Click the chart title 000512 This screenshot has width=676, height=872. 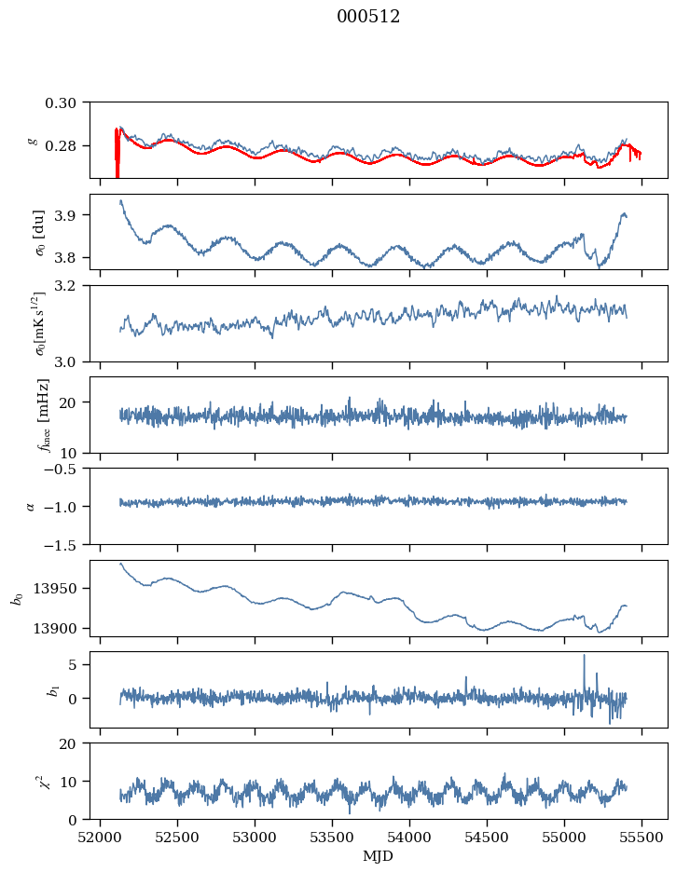click(368, 17)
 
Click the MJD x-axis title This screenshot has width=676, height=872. click(379, 856)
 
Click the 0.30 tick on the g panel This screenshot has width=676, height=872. click(65, 102)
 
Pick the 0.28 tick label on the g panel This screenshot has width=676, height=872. click(65, 146)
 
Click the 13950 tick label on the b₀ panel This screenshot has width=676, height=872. click(59, 589)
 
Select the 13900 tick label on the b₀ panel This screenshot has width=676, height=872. click(59, 628)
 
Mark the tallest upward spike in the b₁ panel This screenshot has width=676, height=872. click(585, 656)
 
